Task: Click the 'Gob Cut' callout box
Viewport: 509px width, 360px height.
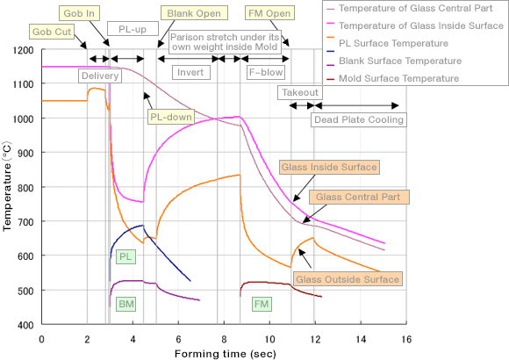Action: point(52,32)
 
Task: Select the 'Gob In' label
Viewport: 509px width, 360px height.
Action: point(79,13)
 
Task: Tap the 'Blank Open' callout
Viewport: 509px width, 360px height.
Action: point(194,13)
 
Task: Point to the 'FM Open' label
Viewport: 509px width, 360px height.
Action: point(269,13)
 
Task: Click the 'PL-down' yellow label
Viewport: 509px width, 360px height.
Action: point(171,117)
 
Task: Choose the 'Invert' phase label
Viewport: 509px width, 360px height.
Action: point(190,72)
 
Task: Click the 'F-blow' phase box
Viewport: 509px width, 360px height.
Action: point(266,72)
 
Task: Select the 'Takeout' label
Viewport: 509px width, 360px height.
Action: point(300,92)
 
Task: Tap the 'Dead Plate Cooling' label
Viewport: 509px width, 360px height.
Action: point(359,119)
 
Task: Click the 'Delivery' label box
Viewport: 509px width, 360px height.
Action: point(100,76)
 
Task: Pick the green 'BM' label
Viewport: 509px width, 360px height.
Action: point(126,304)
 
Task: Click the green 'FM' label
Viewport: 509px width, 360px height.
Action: point(262,304)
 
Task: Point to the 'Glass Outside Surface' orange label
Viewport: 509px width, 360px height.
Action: point(348,279)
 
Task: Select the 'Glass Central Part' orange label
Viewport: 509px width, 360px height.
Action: point(358,197)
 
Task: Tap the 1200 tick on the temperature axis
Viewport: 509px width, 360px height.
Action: point(23,50)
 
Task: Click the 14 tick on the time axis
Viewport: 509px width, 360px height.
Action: point(361,340)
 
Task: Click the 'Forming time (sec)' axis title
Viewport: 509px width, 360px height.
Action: point(225,354)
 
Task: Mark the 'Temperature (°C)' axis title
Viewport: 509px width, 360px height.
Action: point(7,186)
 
